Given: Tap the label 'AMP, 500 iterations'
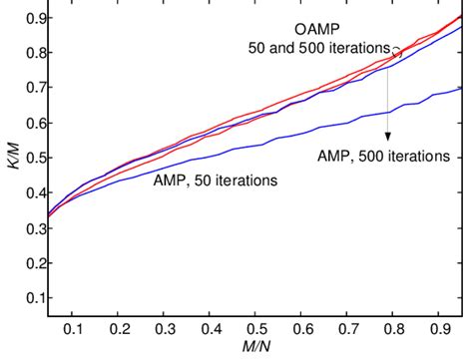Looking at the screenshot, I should click(383, 157).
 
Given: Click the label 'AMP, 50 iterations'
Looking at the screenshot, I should click(215, 180).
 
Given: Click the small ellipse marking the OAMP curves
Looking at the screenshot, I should click(397, 53).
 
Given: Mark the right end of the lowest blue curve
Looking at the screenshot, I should click(461, 89).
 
